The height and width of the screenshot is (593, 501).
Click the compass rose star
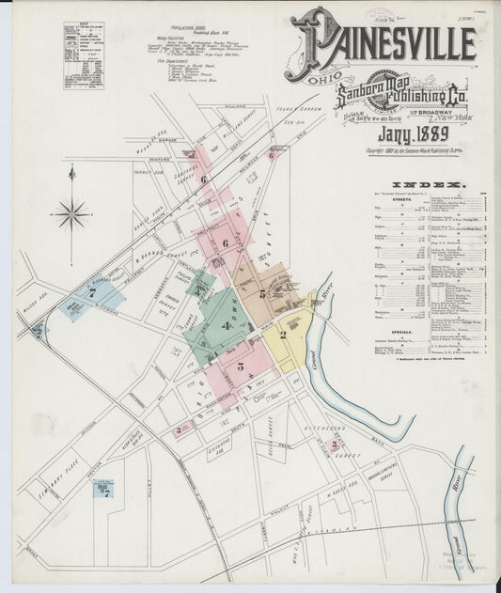coord(71,213)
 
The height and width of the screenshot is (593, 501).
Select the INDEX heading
coord(428,184)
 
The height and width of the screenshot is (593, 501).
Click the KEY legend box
coord(84,55)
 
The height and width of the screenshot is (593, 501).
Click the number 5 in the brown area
coord(262,294)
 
